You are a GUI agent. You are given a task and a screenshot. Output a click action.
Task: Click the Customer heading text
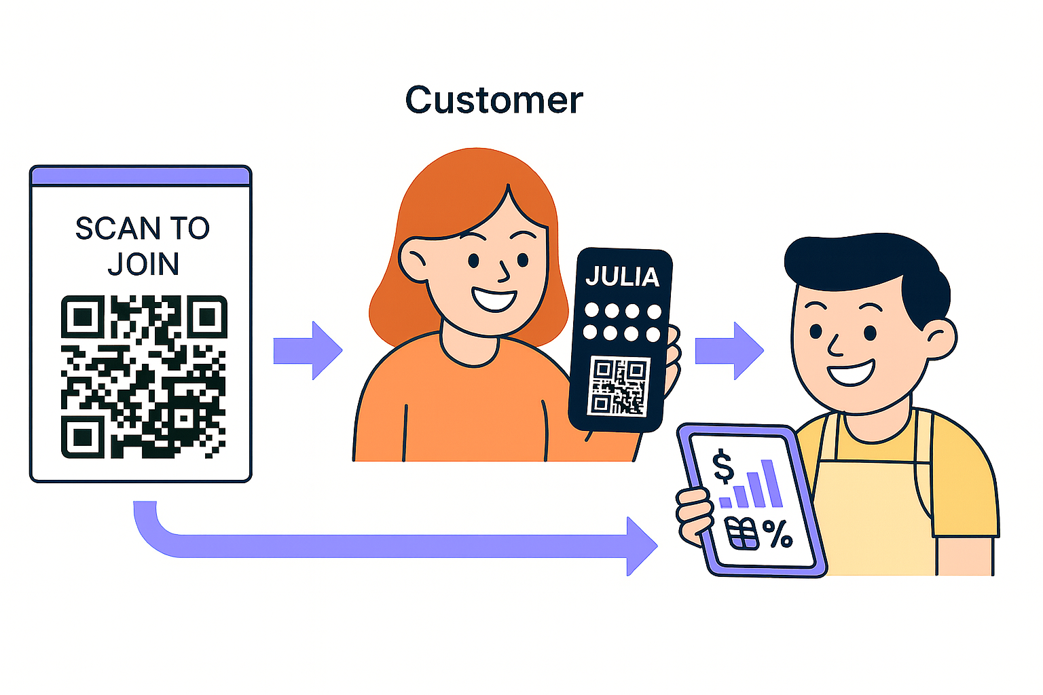point(494,100)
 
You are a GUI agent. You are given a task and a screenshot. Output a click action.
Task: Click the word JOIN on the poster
point(143,264)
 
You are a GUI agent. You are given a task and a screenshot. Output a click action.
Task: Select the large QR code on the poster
point(143,377)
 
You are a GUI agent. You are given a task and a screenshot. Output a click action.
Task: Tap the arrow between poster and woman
point(309,350)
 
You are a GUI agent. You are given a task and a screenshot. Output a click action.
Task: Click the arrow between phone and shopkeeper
point(731,350)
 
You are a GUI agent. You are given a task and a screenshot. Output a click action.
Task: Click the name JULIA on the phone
point(622,277)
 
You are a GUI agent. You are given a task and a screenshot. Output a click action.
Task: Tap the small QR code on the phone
point(619,386)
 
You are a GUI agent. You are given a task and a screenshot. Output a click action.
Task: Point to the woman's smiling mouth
point(494,299)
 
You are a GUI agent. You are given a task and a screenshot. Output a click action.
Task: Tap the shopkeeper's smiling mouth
point(851,373)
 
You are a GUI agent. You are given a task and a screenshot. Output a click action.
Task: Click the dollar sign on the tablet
point(724,466)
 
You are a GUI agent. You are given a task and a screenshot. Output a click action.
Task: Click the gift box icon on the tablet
point(742,533)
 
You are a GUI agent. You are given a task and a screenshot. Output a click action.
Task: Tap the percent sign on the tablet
point(777,533)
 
